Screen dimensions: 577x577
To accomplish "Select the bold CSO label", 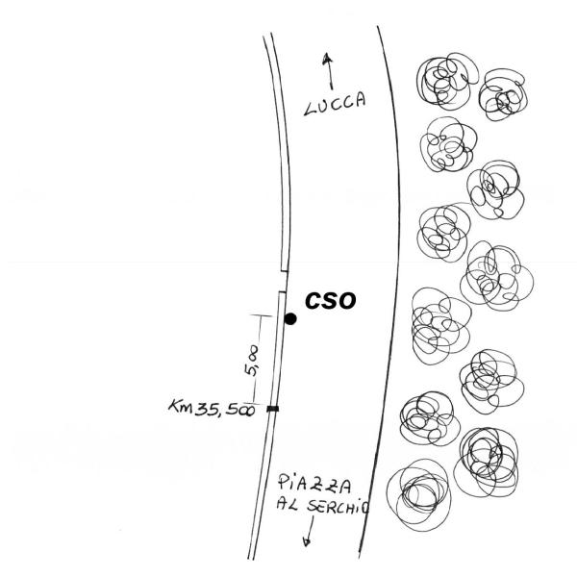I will point(331,300).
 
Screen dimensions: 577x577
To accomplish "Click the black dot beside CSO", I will point(290,318).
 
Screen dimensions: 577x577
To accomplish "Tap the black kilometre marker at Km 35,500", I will point(273,409).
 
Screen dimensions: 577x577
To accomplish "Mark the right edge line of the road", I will point(392,288).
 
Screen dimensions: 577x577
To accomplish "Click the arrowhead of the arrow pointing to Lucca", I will point(329,58).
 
